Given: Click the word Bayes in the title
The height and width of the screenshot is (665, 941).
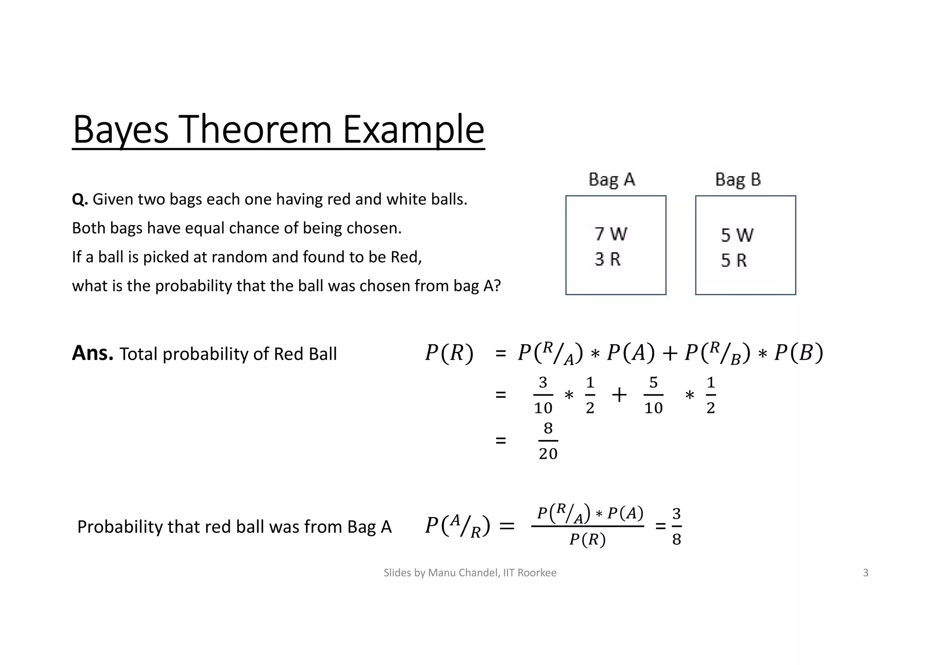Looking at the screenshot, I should [120, 130].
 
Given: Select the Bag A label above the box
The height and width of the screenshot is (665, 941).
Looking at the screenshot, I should [612, 180].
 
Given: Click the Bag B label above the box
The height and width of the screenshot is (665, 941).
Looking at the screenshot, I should [738, 180].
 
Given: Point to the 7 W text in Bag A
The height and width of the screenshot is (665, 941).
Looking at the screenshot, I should [611, 234].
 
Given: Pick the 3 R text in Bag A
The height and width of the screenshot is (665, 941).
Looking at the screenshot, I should [607, 259].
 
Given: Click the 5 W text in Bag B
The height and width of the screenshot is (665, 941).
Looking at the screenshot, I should [737, 236].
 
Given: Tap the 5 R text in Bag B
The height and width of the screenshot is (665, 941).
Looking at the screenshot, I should [733, 261].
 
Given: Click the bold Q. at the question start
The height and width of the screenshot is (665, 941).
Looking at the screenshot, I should [79, 200].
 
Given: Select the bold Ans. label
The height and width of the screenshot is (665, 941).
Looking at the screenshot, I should [92, 353].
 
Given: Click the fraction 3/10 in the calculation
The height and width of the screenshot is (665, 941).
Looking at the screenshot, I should [543, 395].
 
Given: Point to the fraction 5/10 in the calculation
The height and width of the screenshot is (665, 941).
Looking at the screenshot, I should [653, 395].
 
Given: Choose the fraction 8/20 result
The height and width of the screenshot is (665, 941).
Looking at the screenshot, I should [548, 441].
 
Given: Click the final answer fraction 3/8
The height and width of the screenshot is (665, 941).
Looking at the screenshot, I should [676, 526].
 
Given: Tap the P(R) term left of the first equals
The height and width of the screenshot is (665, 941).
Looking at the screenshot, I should [449, 354].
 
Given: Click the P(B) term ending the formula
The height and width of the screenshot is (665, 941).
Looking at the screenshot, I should [799, 354].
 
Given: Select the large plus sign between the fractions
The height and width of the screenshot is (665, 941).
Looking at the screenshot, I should [619, 395].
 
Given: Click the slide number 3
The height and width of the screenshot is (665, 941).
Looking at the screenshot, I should [866, 573].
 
